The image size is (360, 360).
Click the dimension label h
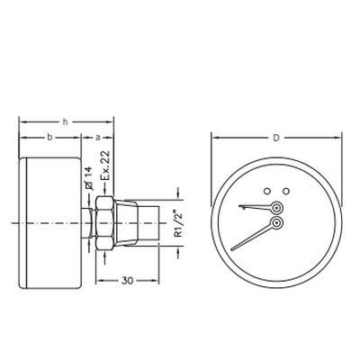point(65,122)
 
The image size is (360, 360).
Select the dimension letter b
point(50,138)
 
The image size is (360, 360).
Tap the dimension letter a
point(97,138)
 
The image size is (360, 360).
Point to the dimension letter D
point(276,138)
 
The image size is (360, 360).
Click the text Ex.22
point(105,166)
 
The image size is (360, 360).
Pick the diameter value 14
point(89,173)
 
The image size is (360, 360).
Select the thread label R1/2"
point(178,223)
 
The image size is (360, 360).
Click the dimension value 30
point(127,281)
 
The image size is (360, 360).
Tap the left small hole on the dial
point(266,191)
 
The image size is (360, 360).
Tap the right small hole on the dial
point(286,191)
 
